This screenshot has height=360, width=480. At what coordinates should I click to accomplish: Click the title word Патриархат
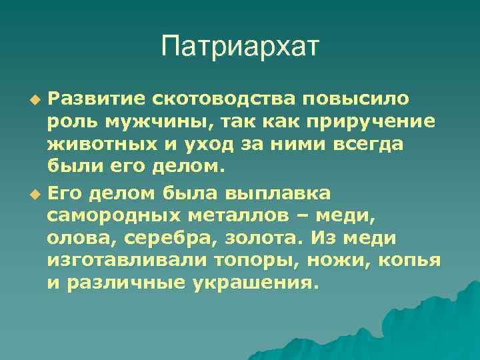[240, 47]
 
